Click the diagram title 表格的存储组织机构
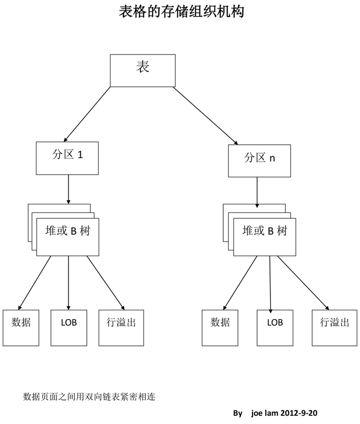coord(182,11)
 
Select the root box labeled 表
coord(142,70)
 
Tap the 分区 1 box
coord(67,158)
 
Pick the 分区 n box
coord(260,161)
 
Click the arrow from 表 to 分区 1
coord(87,114)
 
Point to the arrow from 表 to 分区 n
coord(205,116)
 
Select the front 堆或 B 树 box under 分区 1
coord(68,237)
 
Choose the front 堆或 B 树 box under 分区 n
coord(264,237)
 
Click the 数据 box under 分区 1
coord(21,328)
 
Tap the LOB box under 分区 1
coord(69,328)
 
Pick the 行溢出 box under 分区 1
coord(121,328)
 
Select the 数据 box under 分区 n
coord(220,328)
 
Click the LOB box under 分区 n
coord(275,328)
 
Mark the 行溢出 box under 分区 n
coord(335,328)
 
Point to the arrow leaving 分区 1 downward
coord(68,189)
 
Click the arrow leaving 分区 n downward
coord(257,192)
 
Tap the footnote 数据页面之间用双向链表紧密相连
coord(89,397)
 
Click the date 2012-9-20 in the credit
coord(299,413)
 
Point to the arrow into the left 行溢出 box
coord(105,283)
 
